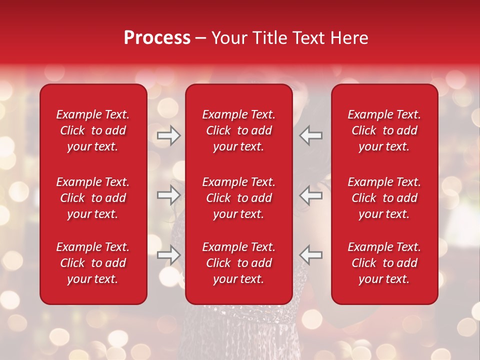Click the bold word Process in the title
157,38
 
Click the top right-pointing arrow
168,135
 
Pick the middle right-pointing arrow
168,195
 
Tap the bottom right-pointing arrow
168,254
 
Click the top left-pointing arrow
311,135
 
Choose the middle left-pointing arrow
311,195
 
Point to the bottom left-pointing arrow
311,254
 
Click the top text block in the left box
93,130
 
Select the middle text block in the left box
93,198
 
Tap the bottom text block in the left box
93,263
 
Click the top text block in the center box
238,130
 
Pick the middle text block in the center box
238,198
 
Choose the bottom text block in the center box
238,263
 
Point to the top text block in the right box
384,130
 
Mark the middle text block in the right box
384,198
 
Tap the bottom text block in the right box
384,263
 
